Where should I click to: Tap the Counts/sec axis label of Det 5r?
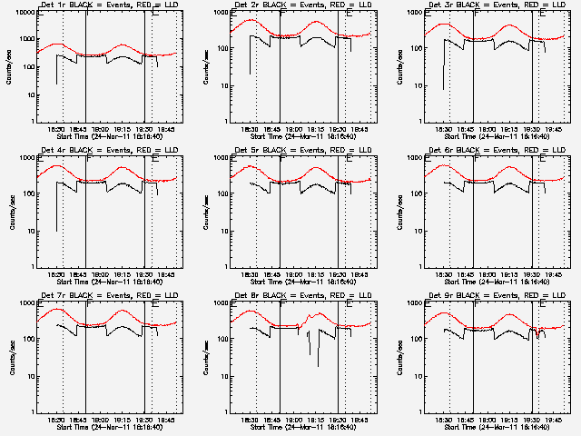206,211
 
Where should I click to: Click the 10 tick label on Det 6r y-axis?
414,231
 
